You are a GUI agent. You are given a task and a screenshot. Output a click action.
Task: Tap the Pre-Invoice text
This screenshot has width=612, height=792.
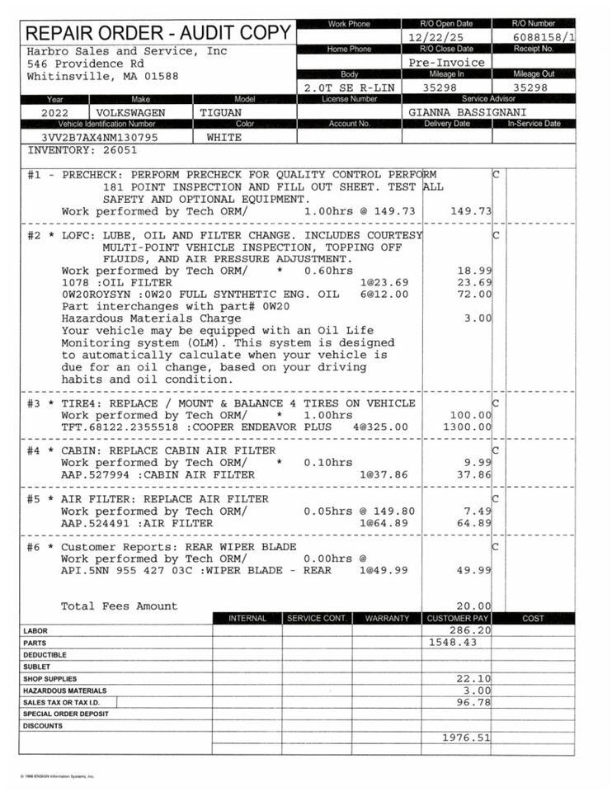pyautogui.click(x=447, y=62)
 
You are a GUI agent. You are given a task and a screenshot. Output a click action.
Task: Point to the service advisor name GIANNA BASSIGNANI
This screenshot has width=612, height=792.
pyautogui.click(x=468, y=112)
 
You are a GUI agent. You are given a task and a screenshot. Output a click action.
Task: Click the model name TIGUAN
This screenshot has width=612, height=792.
pyautogui.click(x=220, y=112)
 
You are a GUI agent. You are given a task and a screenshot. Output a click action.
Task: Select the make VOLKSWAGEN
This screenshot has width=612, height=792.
pyautogui.click(x=130, y=112)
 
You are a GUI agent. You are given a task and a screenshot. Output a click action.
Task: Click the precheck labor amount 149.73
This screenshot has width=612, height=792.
pyautogui.click(x=471, y=211)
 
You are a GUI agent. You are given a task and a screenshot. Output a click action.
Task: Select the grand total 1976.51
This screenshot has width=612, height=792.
pyautogui.click(x=466, y=738)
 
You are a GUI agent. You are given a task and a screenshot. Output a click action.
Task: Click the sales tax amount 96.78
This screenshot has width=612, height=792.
pyautogui.click(x=473, y=702)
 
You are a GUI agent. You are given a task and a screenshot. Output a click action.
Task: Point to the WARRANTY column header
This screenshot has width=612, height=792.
pyautogui.click(x=386, y=618)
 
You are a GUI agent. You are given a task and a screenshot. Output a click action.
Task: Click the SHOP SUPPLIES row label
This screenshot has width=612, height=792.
pyautogui.click(x=49, y=678)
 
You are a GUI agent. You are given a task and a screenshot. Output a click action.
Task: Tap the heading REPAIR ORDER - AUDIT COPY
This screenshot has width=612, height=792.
pyautogui.click(x=158, y=34)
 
